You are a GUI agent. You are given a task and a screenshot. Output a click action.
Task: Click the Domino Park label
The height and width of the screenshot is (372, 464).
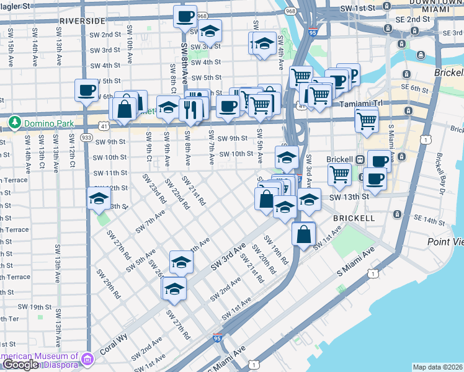47,123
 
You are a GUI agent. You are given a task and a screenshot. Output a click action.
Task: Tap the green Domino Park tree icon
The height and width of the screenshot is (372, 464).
14,123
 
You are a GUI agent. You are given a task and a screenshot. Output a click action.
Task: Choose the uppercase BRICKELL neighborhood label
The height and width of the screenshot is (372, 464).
354,219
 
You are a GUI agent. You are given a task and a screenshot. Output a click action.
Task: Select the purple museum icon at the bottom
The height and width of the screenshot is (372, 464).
87,358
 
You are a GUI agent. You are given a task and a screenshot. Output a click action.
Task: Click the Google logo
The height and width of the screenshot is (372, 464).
20,365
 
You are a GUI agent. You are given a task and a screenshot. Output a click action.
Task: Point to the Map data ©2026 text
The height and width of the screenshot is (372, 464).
437,367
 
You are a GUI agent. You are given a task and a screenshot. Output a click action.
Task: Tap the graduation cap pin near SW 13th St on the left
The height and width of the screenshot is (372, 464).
99,200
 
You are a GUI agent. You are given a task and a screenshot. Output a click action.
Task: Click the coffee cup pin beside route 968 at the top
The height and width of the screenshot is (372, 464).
184,17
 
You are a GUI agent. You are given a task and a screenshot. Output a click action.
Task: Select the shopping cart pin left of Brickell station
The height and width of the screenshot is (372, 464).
339,174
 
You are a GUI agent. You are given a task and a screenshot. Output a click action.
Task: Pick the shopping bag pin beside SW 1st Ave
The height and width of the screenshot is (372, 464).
303,235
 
